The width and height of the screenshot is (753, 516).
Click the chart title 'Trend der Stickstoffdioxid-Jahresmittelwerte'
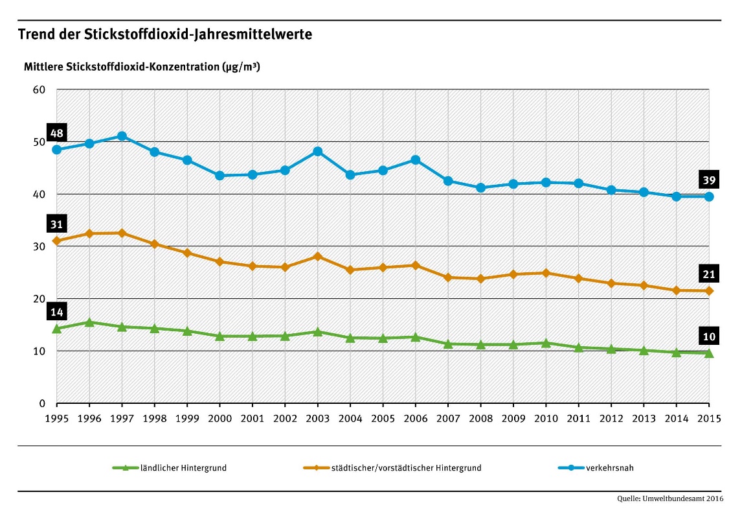165,34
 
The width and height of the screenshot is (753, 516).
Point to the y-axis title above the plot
142,67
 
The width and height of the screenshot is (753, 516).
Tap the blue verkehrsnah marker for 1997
122,136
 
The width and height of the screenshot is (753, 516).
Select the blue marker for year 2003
317,151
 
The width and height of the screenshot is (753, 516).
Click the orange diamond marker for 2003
317,256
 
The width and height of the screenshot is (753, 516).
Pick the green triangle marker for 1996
89,322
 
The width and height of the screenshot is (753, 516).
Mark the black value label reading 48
56,134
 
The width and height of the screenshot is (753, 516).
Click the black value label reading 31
56,224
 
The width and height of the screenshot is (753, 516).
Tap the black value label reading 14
56,312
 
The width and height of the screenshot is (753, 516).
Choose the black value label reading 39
708,180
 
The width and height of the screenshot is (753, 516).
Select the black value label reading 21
708,274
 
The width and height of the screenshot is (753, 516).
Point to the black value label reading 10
708,336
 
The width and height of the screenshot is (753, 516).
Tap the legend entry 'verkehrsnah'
600,467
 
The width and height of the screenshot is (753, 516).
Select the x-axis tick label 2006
415,418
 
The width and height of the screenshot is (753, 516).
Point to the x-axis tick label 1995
56,418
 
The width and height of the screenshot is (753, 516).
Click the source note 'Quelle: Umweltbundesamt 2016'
670,498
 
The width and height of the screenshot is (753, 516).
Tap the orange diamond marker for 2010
546,273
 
